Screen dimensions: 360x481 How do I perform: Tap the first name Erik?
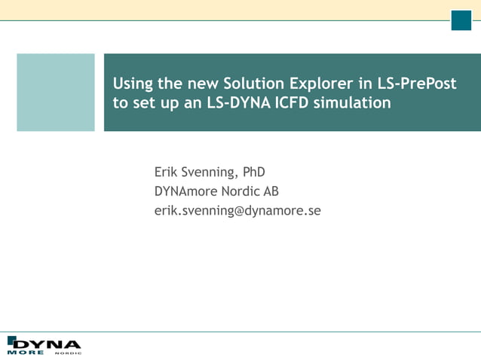coord(167,172)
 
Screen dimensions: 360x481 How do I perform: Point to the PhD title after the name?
coord(253,172)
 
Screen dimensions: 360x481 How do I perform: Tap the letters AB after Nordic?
coord(271,191)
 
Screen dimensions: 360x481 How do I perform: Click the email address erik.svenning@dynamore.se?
coord(237,211)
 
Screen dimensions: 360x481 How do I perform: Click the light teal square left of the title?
coord(56,93)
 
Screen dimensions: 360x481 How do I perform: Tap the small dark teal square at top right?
coord(461,21)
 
